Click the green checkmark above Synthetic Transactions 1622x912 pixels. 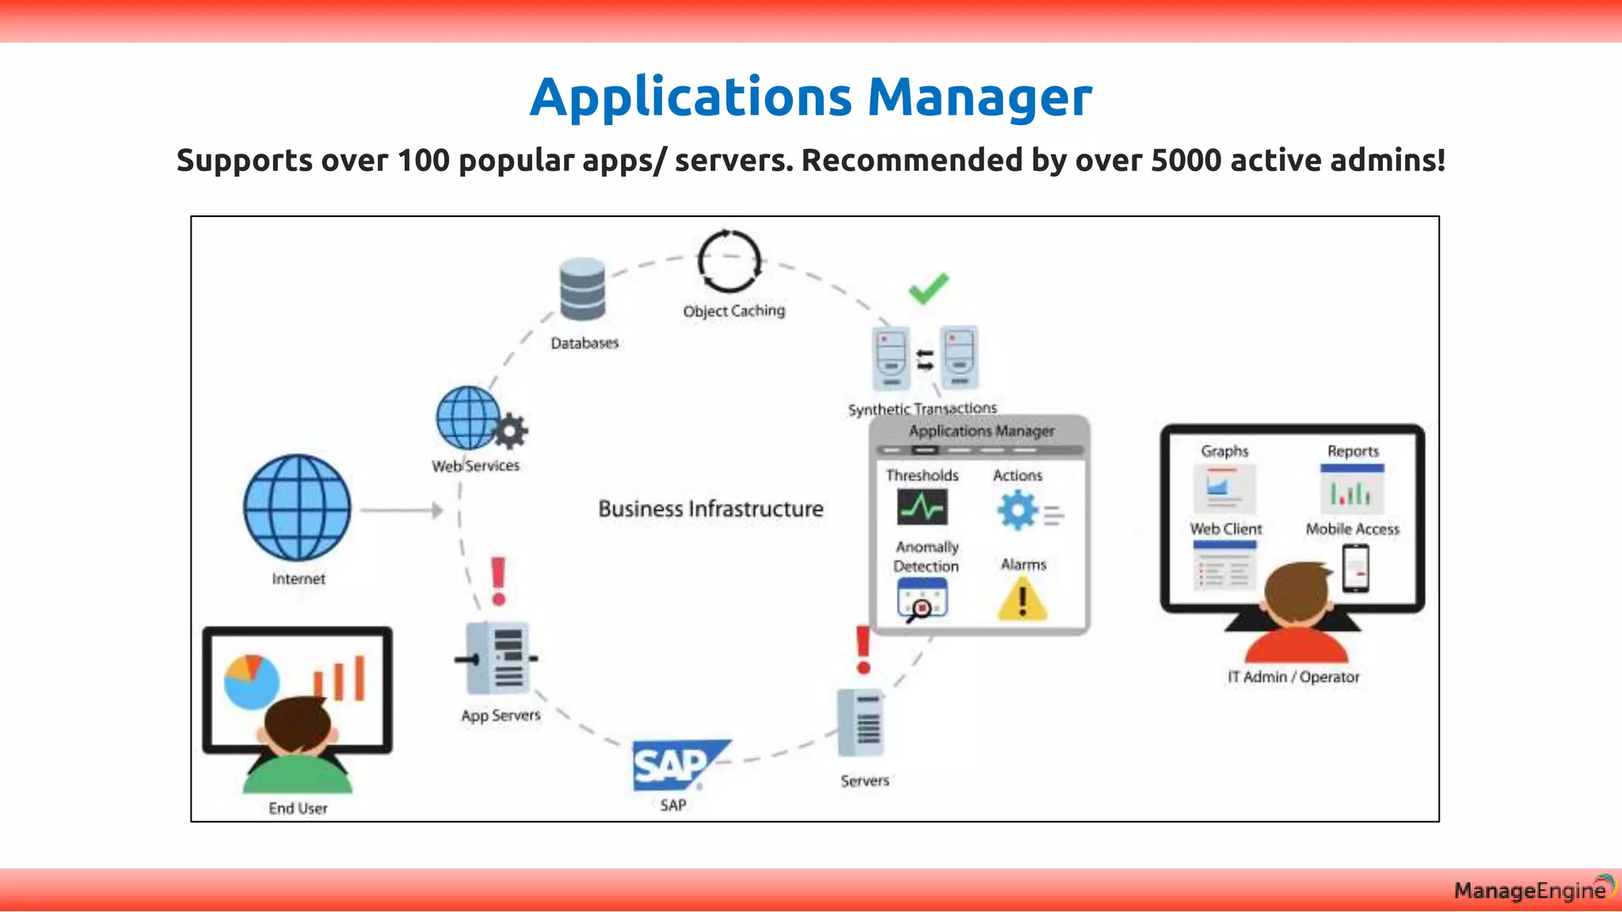[928, 288]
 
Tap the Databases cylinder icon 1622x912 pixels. [582, 289]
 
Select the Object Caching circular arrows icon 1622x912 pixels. [729, 262]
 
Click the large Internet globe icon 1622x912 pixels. [297, 507]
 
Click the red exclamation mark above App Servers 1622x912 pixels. [498, 581]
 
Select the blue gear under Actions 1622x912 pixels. [1018, 510]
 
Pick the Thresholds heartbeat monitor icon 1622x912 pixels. [922, 507]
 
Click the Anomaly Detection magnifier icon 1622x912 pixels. [922, 600]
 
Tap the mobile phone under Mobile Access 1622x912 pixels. [1356, 568]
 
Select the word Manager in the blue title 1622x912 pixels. [980, 97]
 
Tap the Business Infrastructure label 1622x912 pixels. [710, 509]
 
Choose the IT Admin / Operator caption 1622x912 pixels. [1293, 677]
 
